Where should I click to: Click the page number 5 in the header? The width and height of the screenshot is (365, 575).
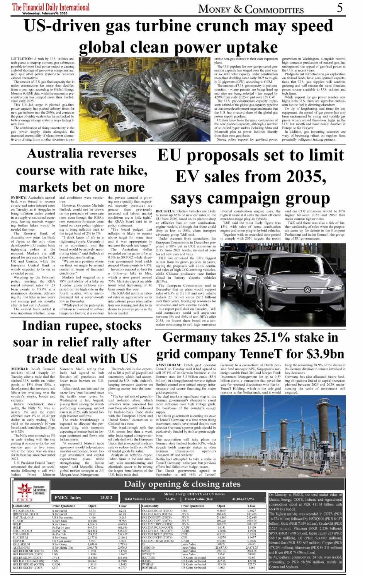click(x=340, y=7)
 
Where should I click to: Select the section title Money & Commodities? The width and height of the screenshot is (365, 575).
click(x=251, y=9)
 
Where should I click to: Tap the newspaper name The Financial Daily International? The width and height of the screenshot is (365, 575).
click(x=51, y=7)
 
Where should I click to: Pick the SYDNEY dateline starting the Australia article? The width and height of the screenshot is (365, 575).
click(x=19, y=197)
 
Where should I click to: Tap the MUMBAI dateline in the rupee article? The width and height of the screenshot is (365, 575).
click(x=20, y=369)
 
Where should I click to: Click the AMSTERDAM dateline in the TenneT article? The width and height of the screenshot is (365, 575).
click(x=169, y=365)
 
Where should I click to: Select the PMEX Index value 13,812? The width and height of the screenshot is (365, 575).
click(x=106, y=498)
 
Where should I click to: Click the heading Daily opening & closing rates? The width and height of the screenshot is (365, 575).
click(x=182, y=484)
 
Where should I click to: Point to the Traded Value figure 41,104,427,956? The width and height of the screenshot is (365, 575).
click(x=243, y=499)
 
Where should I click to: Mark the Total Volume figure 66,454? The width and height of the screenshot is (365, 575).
click(x=170, y=499)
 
